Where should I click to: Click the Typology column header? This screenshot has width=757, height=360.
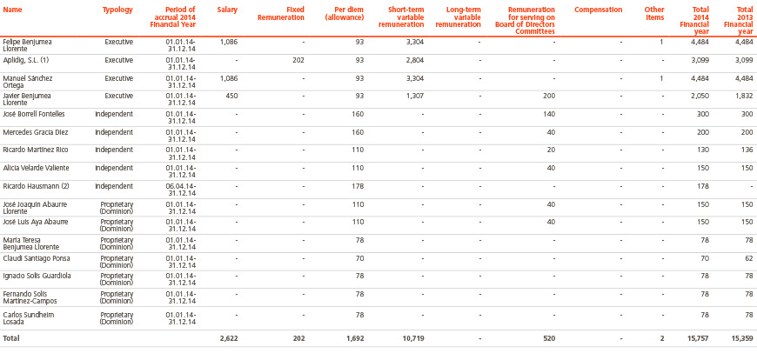tap(117, 10)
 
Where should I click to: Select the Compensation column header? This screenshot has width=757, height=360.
tap(598, 10)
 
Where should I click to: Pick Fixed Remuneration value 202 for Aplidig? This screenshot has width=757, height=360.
tap(298, 60)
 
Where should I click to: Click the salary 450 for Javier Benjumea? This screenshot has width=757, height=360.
tap(231, 96)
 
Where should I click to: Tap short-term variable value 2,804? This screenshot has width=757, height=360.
tap(415, 60)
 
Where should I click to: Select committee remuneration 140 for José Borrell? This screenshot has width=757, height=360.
tap(548, 115)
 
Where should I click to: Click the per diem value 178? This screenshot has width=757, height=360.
tap(358, 186)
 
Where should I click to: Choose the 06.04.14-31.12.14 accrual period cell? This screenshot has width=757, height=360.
tap(180, 190)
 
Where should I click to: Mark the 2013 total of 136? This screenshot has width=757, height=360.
tap(747, 150)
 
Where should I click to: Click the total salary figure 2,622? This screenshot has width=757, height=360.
tap(228, 339)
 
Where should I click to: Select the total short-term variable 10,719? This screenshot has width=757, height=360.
tap(413, 339)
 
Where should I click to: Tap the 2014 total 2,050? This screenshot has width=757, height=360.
tap(700, 96)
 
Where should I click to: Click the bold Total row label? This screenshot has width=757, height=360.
tap(11, 339)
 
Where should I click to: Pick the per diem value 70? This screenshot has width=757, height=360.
tap(359, 258)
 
